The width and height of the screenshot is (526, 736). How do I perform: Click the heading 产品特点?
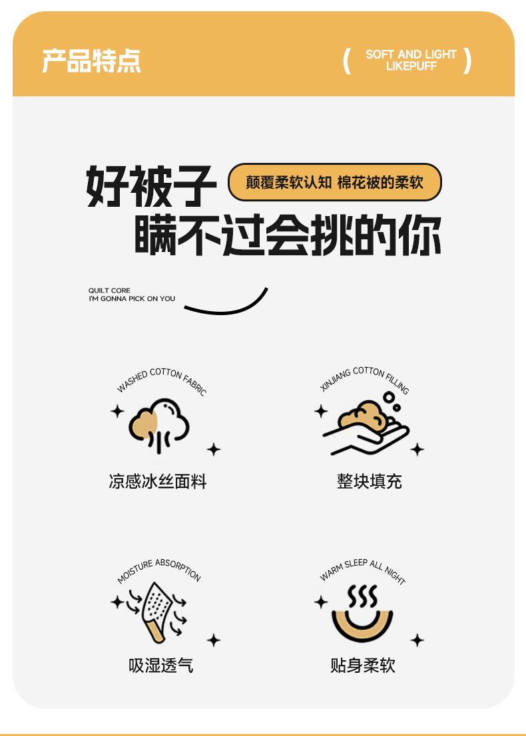point(91,61)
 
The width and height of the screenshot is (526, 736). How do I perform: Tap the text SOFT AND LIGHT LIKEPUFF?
point(411,60)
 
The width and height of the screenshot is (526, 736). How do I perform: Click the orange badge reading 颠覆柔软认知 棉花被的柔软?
point(335,182)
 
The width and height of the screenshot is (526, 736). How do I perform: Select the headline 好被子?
point(151,186)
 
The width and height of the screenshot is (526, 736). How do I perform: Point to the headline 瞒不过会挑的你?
point(288,235)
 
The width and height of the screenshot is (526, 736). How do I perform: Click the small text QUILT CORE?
point(109,291)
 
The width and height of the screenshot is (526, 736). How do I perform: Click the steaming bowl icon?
point(362,613)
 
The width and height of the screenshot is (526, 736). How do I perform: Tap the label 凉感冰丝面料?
point(158,481)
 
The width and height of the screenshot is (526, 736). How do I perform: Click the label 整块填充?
point(370,481)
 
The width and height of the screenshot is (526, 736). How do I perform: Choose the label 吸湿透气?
point(160,666)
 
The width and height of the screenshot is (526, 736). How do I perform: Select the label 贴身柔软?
point(362,666)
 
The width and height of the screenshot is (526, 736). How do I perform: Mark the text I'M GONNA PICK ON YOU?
point(132,299)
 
